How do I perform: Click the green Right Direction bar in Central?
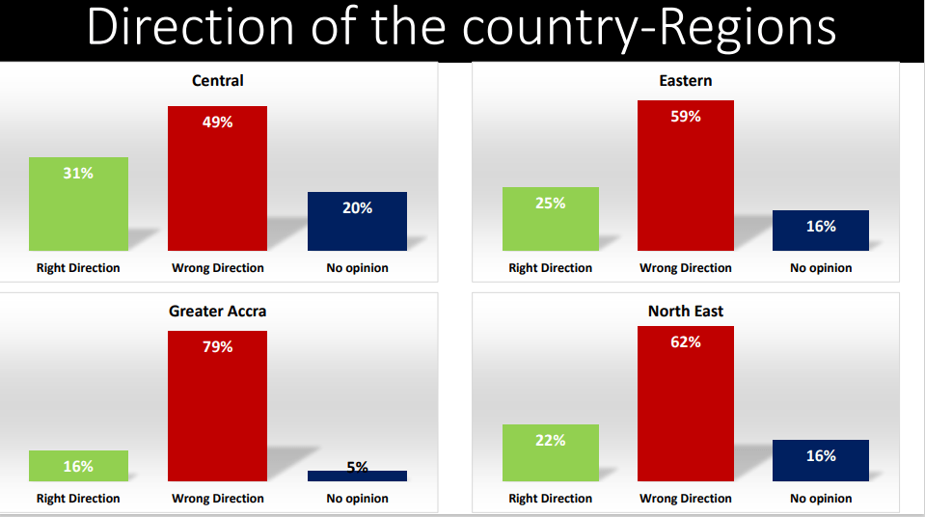pos(78,204)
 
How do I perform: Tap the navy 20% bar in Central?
pos(357,222)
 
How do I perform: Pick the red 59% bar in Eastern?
pos(685,176)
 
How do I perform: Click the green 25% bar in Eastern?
pos(551,219)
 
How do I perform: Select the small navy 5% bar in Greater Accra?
pos(357,476)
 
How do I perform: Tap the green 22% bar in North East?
pos(551,452)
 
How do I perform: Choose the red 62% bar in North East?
pos(685,403)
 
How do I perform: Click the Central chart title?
pos(218,81)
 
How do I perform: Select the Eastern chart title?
pos(686,81)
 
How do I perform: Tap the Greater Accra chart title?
pos(217,311)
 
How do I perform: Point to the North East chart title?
pos(686,311)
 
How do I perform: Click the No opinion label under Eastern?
pos(821,268)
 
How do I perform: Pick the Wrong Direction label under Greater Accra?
pos(217,499)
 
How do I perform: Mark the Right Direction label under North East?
pos(551,499)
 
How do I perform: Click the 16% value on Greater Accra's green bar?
pos(78,466)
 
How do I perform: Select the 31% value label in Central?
pos(78,174)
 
